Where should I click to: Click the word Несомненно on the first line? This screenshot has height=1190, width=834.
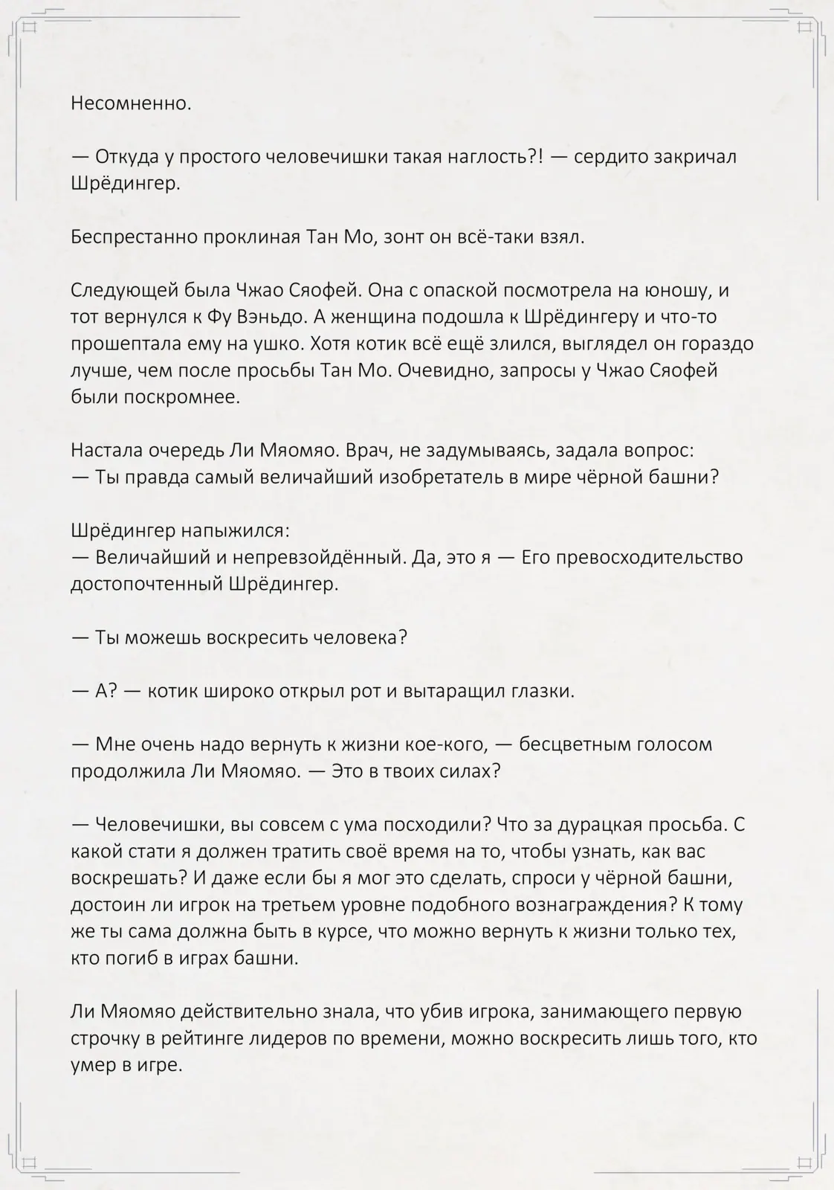click(131, 103)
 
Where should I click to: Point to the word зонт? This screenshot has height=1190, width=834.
click(403, 237)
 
